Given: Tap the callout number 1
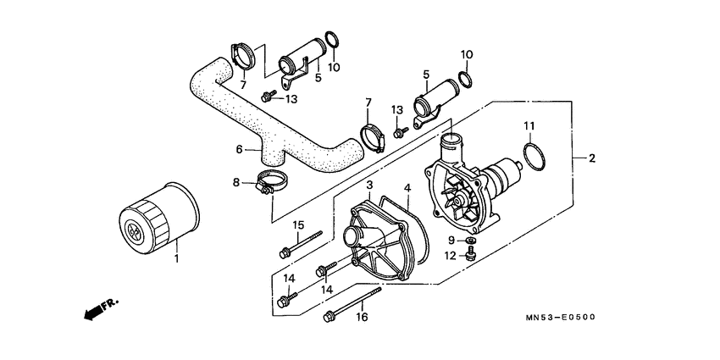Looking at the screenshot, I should click(176, 257).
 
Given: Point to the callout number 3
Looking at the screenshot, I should click(369, 185).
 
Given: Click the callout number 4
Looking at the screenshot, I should click(406, 188).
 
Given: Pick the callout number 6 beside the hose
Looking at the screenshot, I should click(241, 149).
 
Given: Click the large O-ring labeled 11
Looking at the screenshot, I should click(531, 158).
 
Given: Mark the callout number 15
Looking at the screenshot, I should click(297, 224).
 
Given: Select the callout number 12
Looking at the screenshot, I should click(451, 255).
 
